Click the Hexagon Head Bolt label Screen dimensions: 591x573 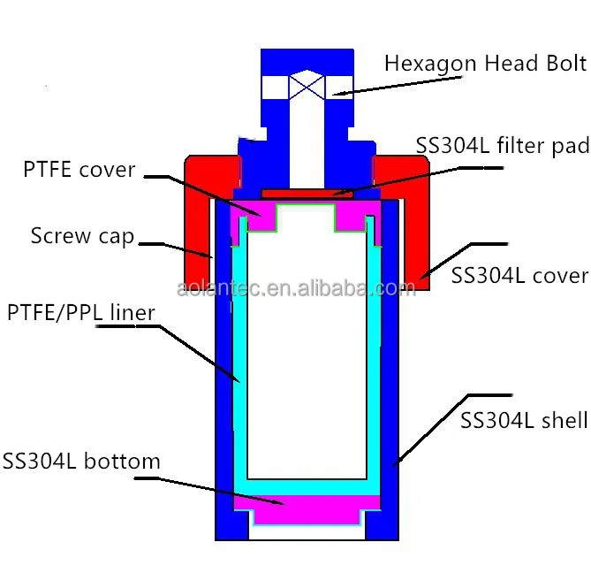pyautogui.click(x=485, y=64)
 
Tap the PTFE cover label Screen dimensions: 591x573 pyautogui.click(x=79, y=169)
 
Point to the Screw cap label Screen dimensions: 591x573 pyautogui.click(x=82, y=236)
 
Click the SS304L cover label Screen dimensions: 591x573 pyautogui.click(x=519, y=275)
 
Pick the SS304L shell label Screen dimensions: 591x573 pyautogui.click(x=524, y=420)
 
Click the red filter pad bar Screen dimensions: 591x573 pyautogui.click(x=307, y=192)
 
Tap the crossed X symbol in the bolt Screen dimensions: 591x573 pyautogui.click(x=307, y=88)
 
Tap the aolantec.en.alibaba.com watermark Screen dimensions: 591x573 pyautogui.click(x=295, y=289)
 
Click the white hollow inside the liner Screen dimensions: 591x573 pyautogui.click(x=307, y=354)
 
